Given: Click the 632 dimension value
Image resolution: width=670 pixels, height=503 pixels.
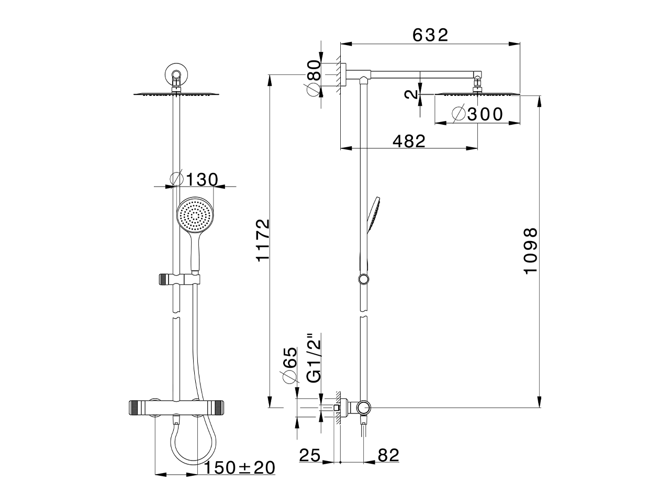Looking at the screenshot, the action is click(430, 35).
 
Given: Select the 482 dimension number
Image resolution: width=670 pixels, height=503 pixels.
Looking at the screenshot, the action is click(409, 141).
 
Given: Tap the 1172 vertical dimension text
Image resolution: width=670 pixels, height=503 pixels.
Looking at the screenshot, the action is click(263, 240).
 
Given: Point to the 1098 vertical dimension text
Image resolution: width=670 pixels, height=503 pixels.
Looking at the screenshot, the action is click(530, 251).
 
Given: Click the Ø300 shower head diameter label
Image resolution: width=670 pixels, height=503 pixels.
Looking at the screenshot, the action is click(477, 114).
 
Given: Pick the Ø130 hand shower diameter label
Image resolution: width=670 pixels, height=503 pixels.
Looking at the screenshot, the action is click(194, 179).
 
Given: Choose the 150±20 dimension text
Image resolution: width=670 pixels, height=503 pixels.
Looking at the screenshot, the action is click(239, 467).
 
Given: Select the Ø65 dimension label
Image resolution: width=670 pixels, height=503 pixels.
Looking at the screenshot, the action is click(290, 365).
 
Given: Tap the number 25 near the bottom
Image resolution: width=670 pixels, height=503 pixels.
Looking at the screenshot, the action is click(310, 455).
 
